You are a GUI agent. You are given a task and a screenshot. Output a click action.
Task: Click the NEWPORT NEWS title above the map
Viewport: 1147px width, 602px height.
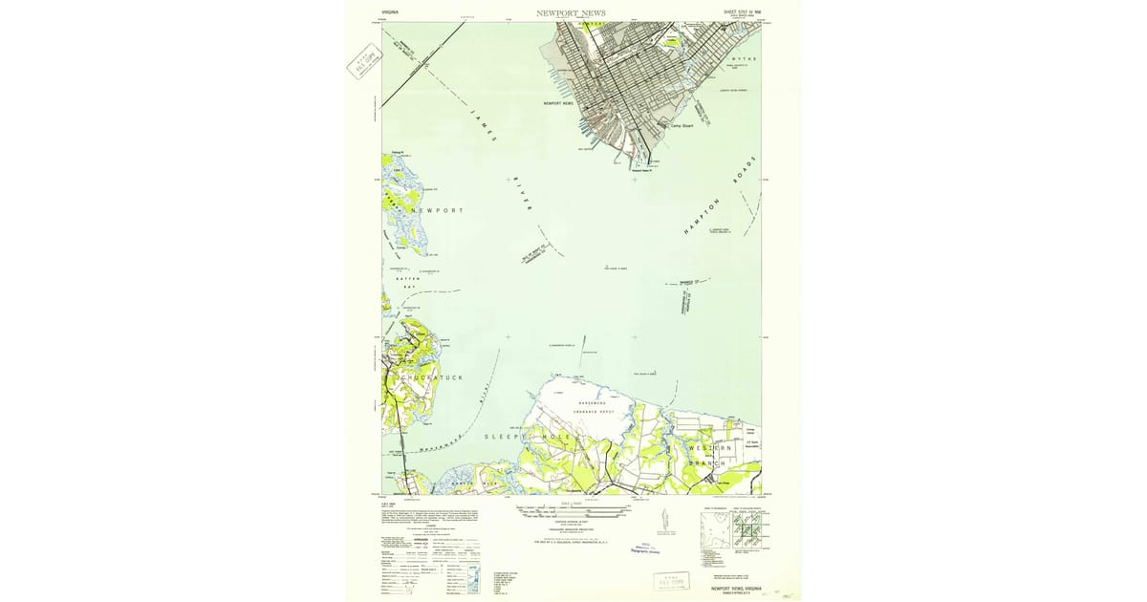pyautogui.click(x=571, y=13)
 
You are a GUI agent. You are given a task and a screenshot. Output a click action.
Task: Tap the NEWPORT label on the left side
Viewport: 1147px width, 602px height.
pyautogui.click(x=437, y=210)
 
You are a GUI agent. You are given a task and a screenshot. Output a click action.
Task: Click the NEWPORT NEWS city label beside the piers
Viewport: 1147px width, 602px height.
pyautogui.click(x=558, y=102)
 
